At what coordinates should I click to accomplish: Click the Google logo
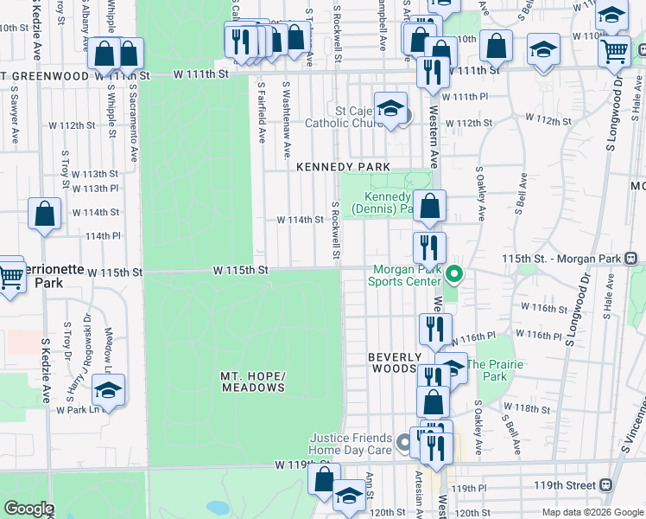[x=28, y=509]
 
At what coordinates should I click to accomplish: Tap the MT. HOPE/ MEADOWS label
[x=252, y=381]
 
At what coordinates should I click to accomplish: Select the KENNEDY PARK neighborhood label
[x=344, y=166]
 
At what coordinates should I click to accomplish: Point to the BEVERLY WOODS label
[x=395, y=362]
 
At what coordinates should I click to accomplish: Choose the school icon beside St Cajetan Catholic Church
[x=390, y=108]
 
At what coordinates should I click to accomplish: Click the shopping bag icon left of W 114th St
[x=45, y=214]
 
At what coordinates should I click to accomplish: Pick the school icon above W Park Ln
[x=108, y=391]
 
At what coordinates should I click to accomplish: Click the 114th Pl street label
[x=103, y=235]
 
